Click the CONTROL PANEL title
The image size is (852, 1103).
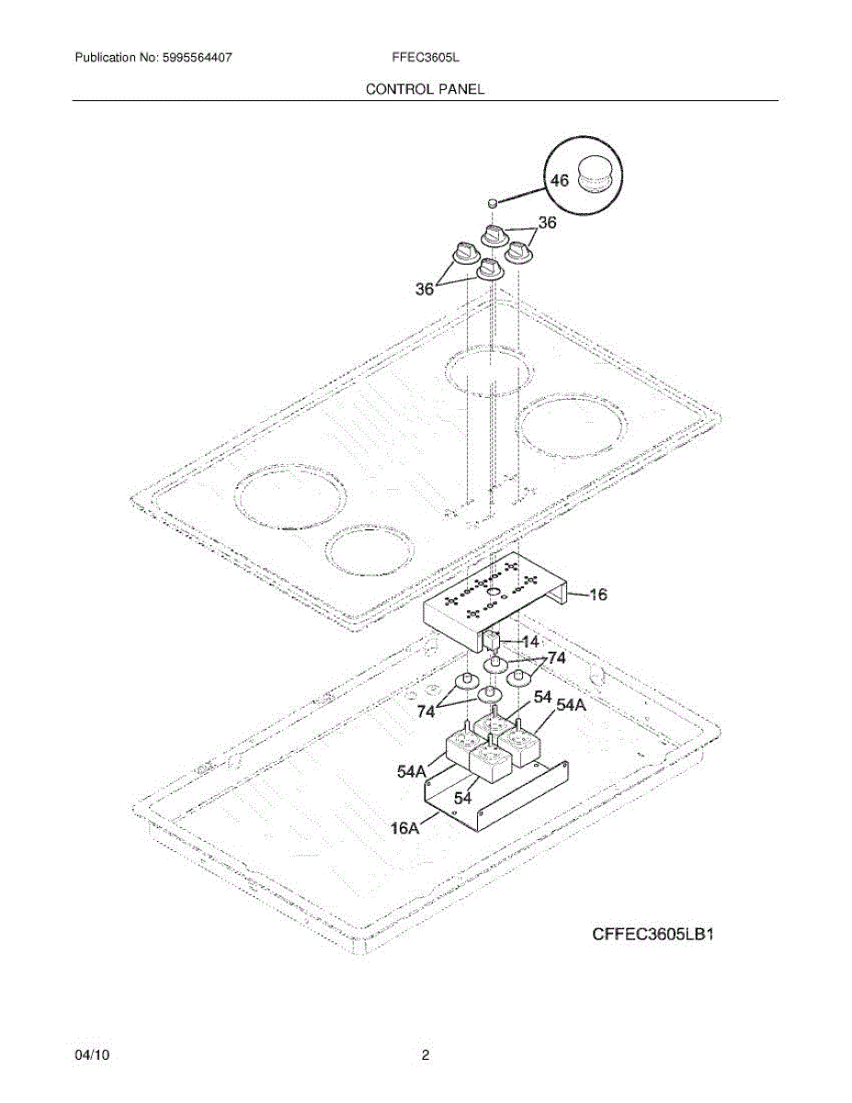point(425,89)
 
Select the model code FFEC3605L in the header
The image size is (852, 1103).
point(425,57)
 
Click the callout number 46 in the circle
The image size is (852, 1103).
point(559,181)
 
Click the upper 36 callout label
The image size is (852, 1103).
point(548,222)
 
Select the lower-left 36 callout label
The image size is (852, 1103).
point(425,290)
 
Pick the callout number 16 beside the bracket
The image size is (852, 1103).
point(597,595)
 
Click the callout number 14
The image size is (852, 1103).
point(530,641)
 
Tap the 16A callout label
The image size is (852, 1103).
point(405,828)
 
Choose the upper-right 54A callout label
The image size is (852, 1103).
point(570,705)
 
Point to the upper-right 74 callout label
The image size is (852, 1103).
point(557,659)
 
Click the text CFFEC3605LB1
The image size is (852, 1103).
point(653,936)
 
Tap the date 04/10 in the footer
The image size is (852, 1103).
point(93,1056)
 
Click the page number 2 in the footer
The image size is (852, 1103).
point(425,1056)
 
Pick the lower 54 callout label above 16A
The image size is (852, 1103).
point(462,797)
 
